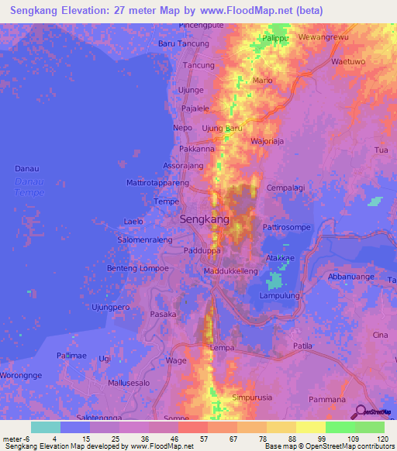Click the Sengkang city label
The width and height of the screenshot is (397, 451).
point(205,219)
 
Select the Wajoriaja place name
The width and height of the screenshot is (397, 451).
point(270,141)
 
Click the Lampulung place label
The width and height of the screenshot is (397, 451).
point(280,295)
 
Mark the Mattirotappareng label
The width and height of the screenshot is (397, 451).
point(157,183)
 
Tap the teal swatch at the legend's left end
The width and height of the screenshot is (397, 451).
point(46,427)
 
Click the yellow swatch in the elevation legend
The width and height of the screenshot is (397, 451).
point(310,427)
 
